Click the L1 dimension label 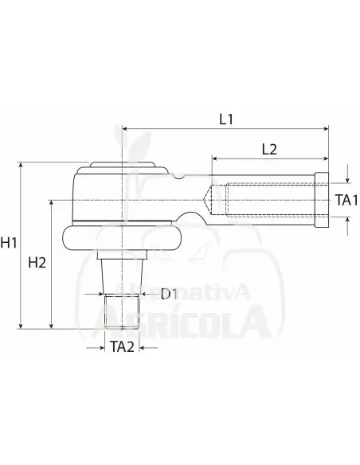click(x=225, y=119)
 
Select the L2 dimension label click(x=269, y=147)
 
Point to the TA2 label click(x=121, y=346)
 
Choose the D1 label click(x=168, y=295)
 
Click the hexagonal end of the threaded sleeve click(x=323, y=199)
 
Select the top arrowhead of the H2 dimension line click(x=53, y=202)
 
